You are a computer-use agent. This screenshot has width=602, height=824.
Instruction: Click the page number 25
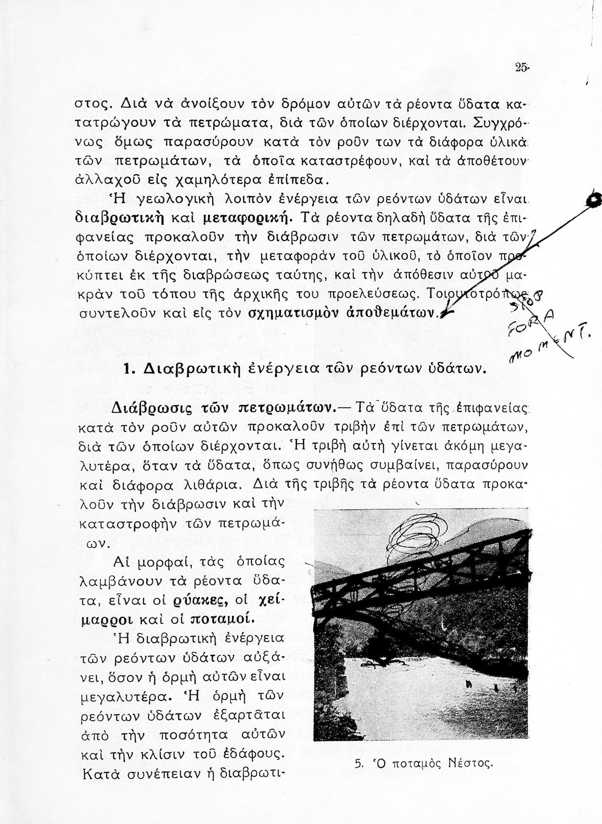point(522,68)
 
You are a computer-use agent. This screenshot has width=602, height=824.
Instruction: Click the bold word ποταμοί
point(222,619)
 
